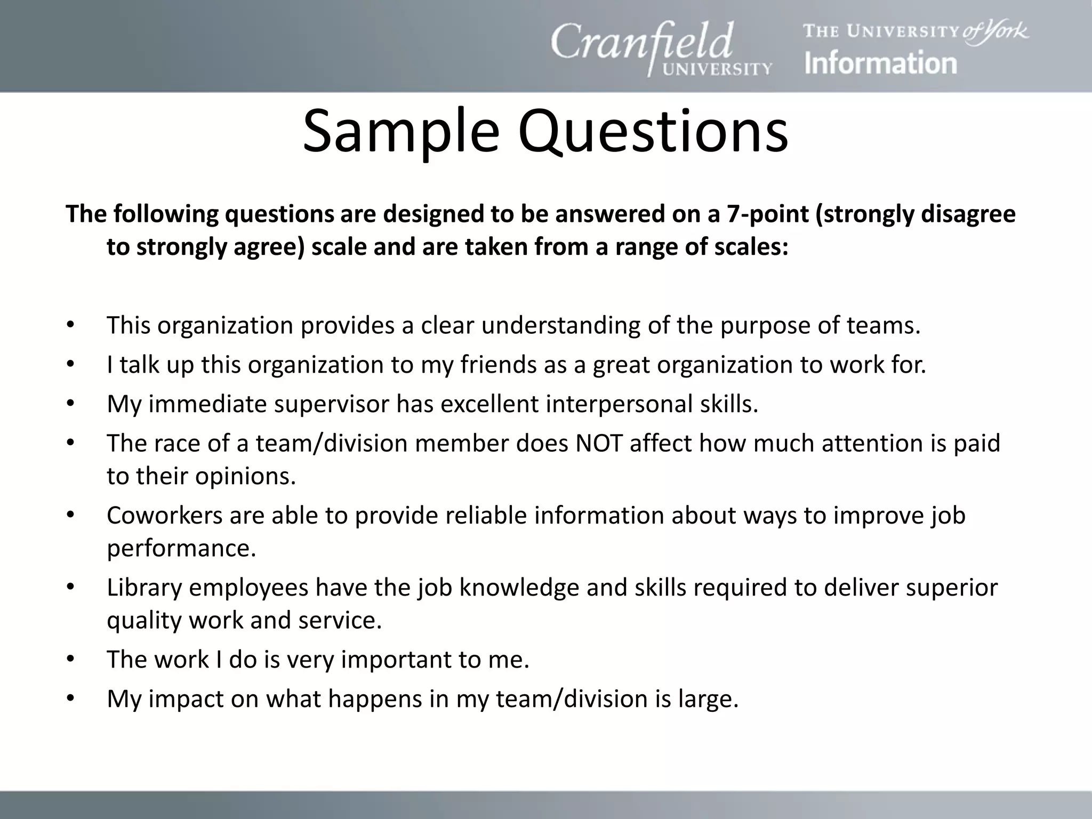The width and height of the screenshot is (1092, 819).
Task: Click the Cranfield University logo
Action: point(661,48)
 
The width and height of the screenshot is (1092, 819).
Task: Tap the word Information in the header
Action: point(880,63)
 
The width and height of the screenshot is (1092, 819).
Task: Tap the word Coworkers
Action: point(164,515)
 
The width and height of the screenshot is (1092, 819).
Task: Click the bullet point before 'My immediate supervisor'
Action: point(70,404)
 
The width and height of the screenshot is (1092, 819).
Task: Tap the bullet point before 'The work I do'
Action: point(70,660)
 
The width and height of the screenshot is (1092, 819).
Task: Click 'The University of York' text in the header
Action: point(916,31)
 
